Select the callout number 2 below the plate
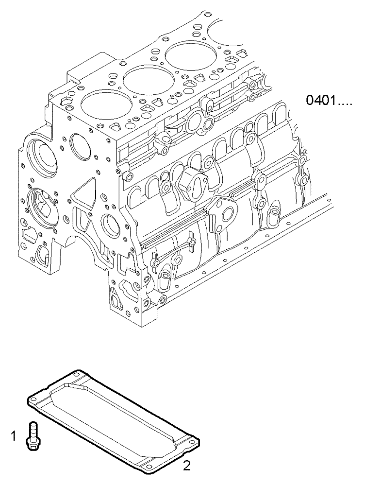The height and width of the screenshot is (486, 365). click(x=186, y=467)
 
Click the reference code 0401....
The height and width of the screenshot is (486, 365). click(x=327, y=103)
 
